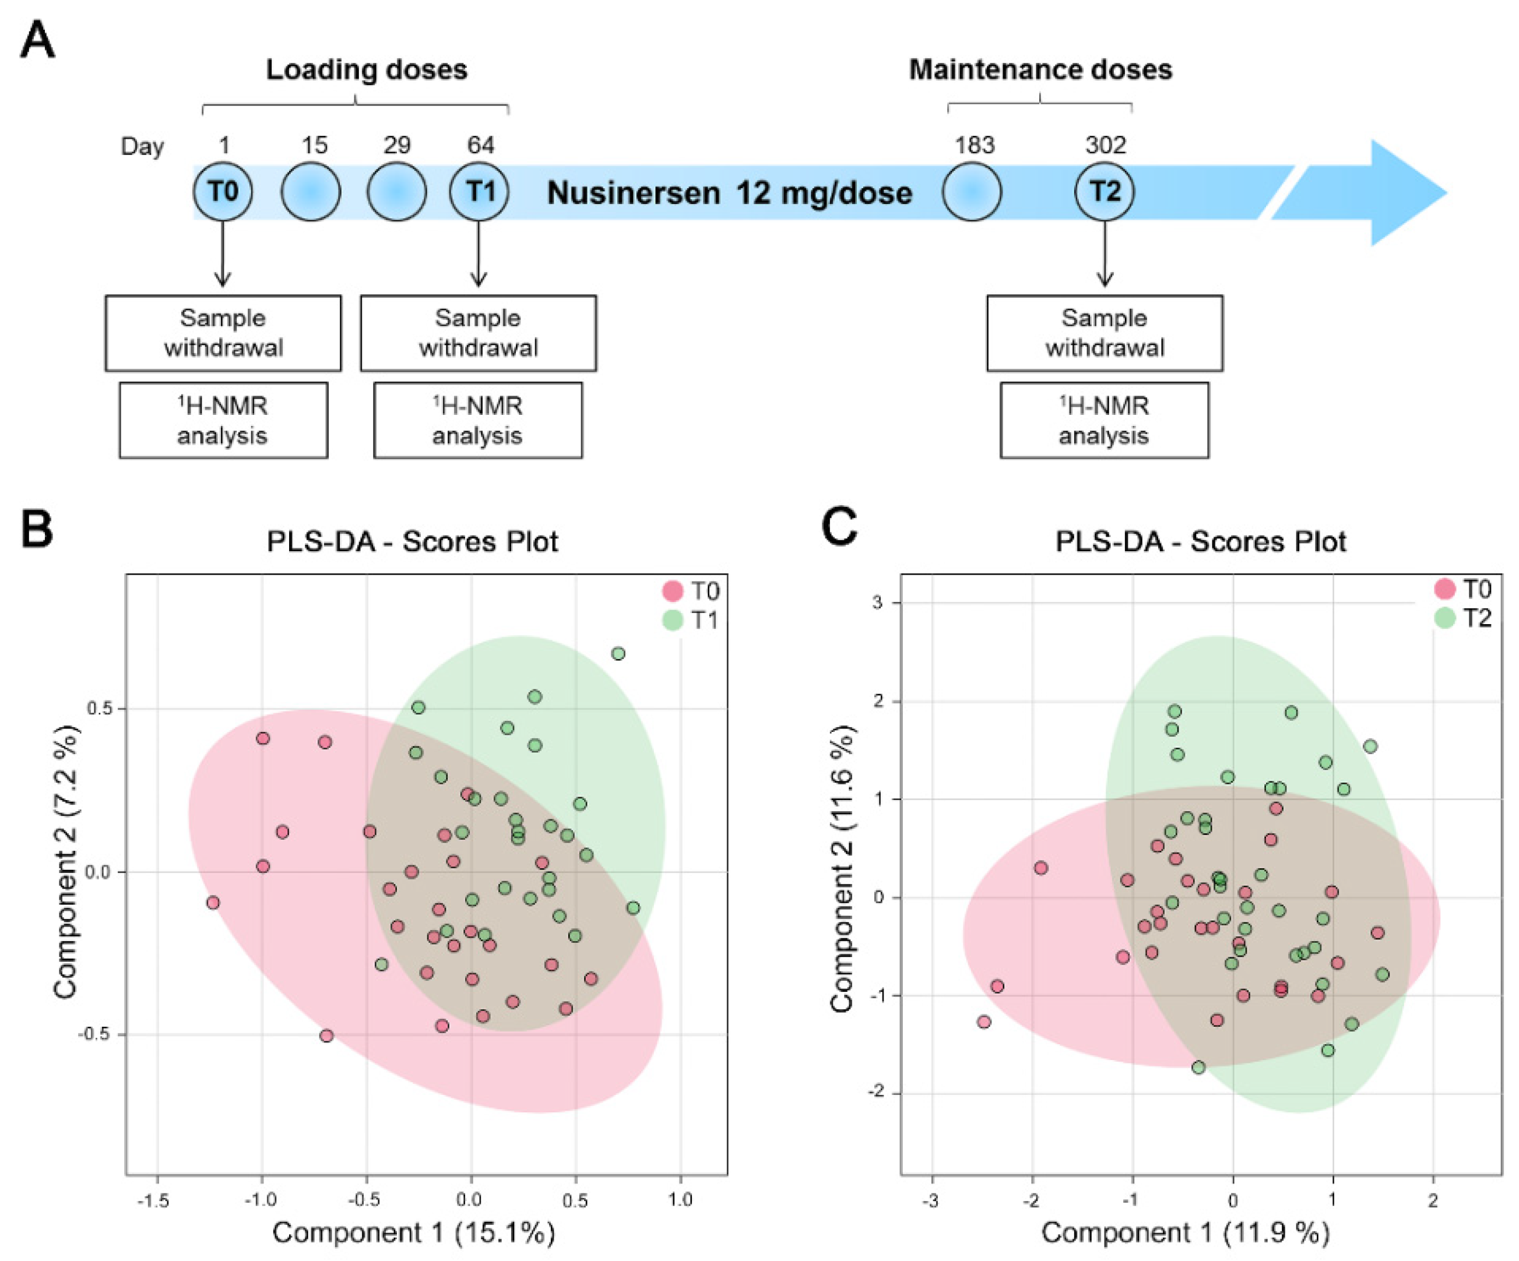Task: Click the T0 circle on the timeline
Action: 223,192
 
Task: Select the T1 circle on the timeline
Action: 479,192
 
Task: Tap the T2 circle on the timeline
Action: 1105,192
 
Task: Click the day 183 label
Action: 975,145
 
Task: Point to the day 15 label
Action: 314,145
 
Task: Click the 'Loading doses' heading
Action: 367,70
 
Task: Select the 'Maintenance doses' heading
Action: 1040,70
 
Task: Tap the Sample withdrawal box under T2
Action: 1105,333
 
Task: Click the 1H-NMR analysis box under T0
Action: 223,421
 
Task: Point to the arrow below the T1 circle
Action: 478,253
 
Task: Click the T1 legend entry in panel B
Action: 691,621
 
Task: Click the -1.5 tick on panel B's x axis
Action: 153,1201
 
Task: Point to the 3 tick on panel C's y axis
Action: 877,603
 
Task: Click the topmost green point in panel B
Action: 618,654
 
